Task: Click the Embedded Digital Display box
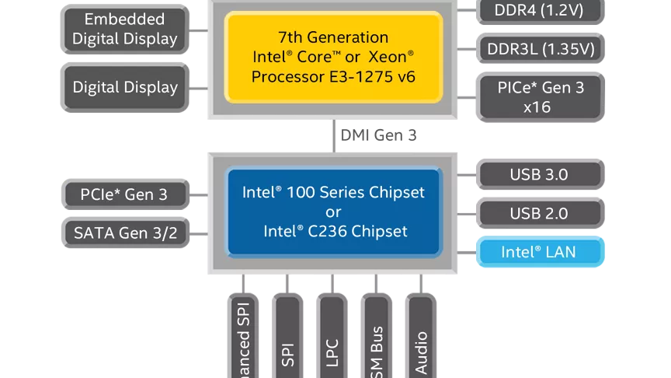pos(125,29)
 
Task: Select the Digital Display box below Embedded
pos(125,87)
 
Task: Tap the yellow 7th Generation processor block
pos(334,56)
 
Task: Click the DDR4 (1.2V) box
pos(540,10)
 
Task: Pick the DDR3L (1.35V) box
pos(540,48)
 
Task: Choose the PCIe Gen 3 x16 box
pos(540,96)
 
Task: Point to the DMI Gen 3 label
pos(378,135)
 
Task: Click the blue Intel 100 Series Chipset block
pos(332,211)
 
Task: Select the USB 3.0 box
pos(540,174)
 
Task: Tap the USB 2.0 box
pos(540,213)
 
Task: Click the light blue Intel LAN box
pos(540,252)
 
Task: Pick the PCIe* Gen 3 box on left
pos(125,194)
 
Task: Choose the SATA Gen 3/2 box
pos(125,231)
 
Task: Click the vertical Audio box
pos(421,338)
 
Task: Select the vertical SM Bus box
pos(377,338)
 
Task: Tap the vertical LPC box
pos(332,338)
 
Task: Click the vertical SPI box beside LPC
pos(288,338)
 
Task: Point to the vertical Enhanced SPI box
pos(243,338)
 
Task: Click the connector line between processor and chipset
pos(332,135)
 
